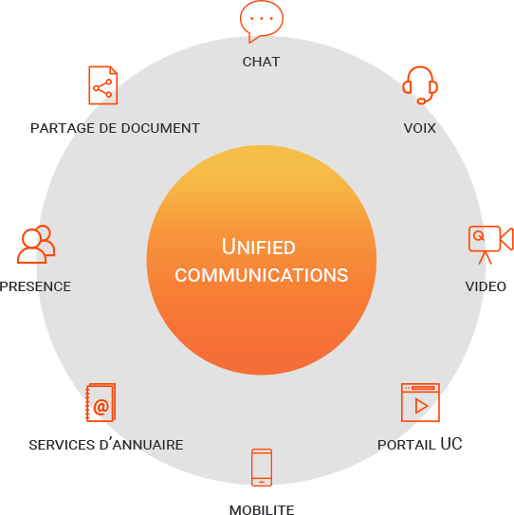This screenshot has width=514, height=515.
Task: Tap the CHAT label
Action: point(261,62)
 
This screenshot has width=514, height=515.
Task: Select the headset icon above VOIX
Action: point(420,85)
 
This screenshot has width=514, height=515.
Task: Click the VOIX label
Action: point(420,128)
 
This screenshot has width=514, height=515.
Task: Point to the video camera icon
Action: point(490,245)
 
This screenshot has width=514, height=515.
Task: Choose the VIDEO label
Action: point(486,286)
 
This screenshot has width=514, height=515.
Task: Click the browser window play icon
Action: point(420,402)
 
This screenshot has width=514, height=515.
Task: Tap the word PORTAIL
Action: point(406,445)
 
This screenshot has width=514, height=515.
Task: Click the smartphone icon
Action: point(262,467)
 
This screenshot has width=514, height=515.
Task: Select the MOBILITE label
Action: point(262,509)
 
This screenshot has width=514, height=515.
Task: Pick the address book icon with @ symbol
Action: point(101,402)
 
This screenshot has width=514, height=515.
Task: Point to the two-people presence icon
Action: point(36,244)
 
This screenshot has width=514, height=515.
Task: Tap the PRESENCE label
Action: point(35,286)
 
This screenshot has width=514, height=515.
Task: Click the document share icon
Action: point(102,85)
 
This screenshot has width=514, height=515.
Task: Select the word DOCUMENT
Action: point(160,128)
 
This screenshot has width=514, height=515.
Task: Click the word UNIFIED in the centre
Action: point(259,247)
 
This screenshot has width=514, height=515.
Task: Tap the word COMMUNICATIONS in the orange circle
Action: point(262,275)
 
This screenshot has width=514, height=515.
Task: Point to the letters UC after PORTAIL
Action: point(451,444)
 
